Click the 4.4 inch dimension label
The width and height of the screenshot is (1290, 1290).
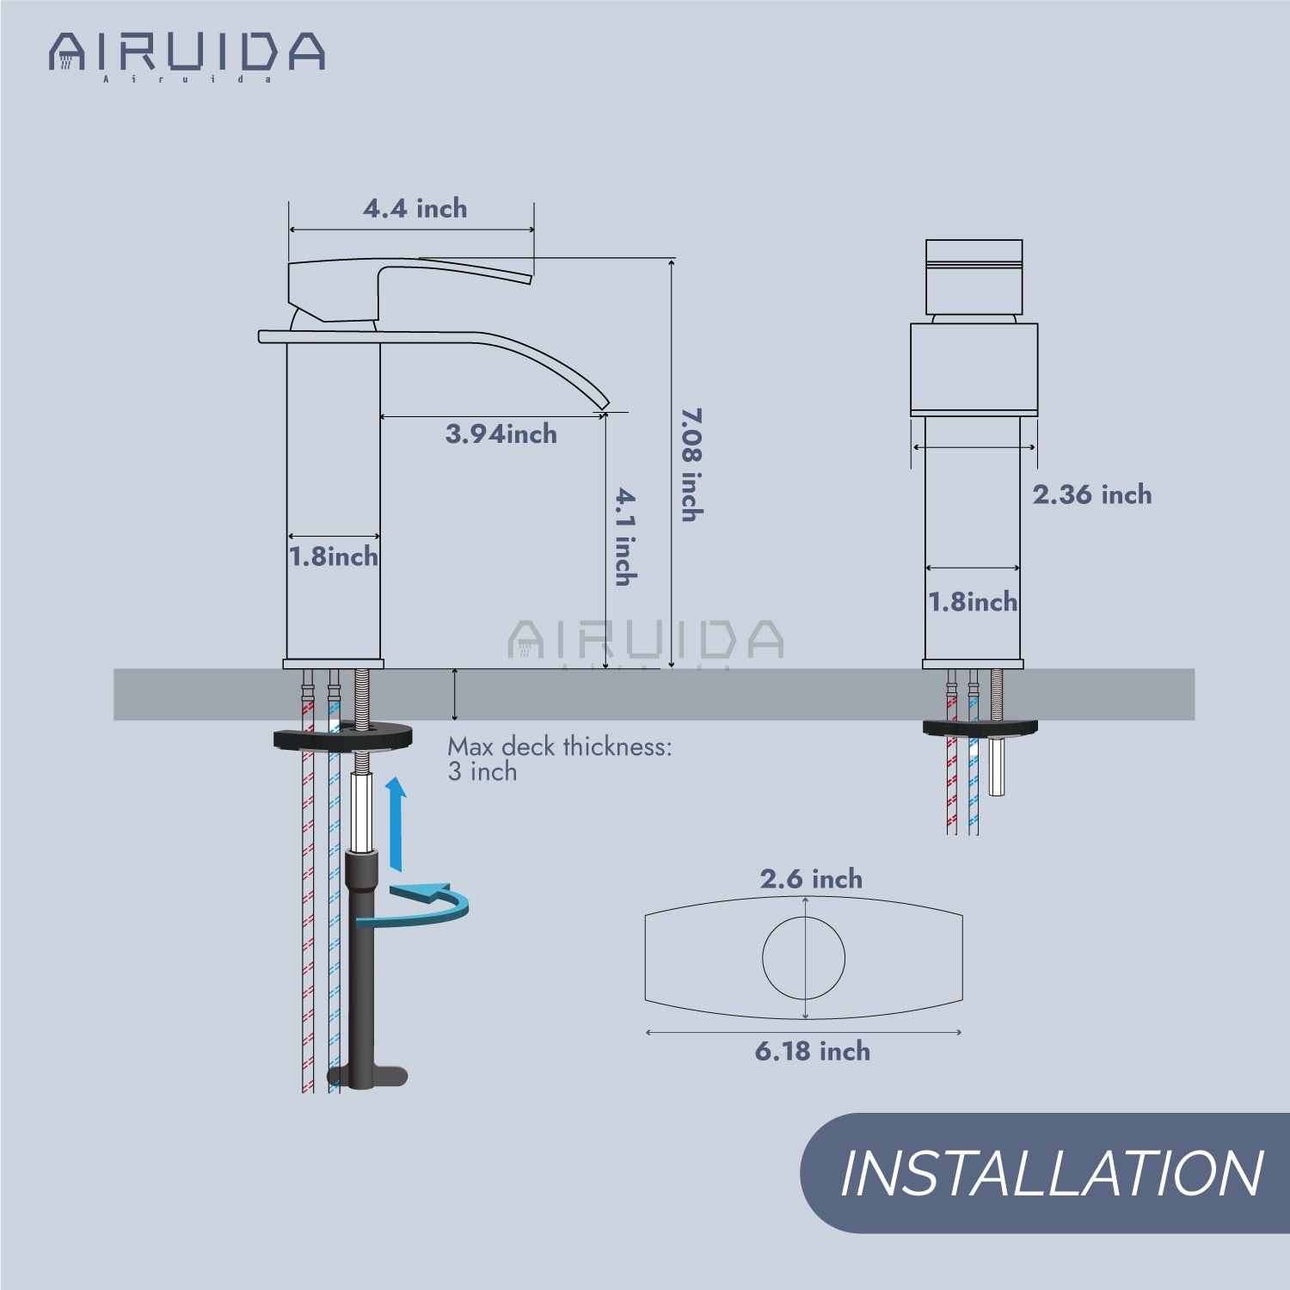click(415, 208)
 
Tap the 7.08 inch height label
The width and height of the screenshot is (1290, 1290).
click(691, 464)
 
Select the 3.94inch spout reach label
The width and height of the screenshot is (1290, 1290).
click(501, 433)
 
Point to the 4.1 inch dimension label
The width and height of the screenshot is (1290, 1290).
click(626, 537)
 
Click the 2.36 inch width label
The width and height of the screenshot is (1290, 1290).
click(1092, 494)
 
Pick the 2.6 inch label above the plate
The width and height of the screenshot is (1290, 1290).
click(811, 879)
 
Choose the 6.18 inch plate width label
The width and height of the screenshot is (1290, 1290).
click(813, 1051)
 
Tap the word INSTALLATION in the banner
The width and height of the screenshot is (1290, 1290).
click(1051, 1174)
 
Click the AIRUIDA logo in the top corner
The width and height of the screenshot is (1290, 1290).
click(187, 57)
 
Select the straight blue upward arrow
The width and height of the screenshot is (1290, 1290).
click(396, 824)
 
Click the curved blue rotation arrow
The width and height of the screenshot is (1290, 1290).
click(413, 905)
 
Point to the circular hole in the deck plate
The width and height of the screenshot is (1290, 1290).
click(804, 957)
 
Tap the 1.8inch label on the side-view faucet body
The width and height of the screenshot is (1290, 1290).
click(334, 556)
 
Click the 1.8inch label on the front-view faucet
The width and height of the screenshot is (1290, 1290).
click(973, 602)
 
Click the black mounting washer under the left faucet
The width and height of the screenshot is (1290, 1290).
click(343, 738)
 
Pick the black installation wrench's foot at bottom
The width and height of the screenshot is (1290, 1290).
click(368, 1077)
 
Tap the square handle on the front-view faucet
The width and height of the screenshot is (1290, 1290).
click(974, 277)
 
